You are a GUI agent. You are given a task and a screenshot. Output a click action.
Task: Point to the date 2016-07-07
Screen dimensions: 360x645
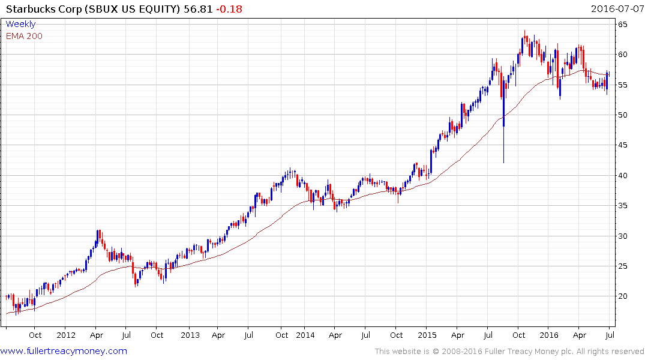616,9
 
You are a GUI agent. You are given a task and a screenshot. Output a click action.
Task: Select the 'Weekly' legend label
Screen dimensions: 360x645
20,24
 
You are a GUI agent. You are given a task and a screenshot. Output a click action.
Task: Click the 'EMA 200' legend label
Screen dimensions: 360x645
24,35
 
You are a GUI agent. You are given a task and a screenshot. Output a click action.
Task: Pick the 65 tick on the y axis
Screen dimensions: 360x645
623,25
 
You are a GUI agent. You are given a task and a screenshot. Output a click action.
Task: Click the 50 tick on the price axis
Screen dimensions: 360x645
623,115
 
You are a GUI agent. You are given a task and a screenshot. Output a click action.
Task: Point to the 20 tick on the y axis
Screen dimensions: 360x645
623,296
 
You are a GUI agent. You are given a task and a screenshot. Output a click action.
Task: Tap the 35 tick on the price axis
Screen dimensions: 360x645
623,206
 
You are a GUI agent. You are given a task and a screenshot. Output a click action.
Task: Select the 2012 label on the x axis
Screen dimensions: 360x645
65,335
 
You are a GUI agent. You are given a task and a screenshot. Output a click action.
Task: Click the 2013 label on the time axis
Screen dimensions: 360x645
190,335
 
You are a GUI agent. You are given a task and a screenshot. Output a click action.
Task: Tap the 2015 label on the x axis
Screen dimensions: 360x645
427,335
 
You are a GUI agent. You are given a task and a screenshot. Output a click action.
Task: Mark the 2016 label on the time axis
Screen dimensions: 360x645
549,335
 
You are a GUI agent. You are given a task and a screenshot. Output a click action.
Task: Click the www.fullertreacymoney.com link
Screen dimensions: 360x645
64,351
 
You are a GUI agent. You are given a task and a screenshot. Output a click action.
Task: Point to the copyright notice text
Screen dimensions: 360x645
509,352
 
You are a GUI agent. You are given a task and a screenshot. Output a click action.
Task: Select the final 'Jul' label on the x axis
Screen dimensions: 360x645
610,335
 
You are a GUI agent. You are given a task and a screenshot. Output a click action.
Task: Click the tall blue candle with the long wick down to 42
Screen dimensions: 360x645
503,120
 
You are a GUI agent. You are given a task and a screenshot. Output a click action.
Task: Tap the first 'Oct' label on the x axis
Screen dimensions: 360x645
35,335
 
